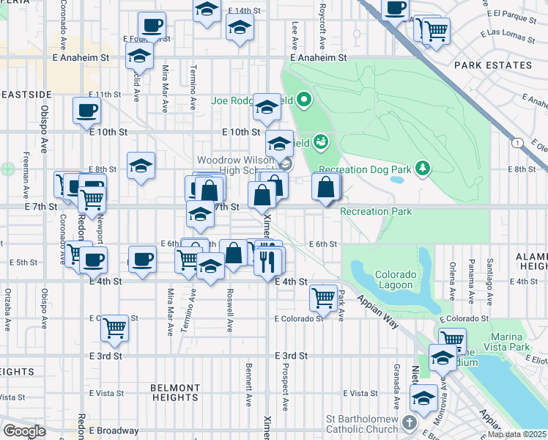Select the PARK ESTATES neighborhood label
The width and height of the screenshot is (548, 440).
[x=493, y=65]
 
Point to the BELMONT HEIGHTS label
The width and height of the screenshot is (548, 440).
[x=175, y=392]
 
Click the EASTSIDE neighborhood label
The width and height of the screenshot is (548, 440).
[x=26, y=95]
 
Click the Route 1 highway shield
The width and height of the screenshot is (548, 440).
[x=518, y=143]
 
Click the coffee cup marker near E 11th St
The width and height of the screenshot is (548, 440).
[x=86, y=111]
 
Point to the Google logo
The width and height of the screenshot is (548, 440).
[x=24, y=430]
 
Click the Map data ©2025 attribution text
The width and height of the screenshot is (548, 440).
[x=516, y=434]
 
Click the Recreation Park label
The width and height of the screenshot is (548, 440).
[x=376, y=212]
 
